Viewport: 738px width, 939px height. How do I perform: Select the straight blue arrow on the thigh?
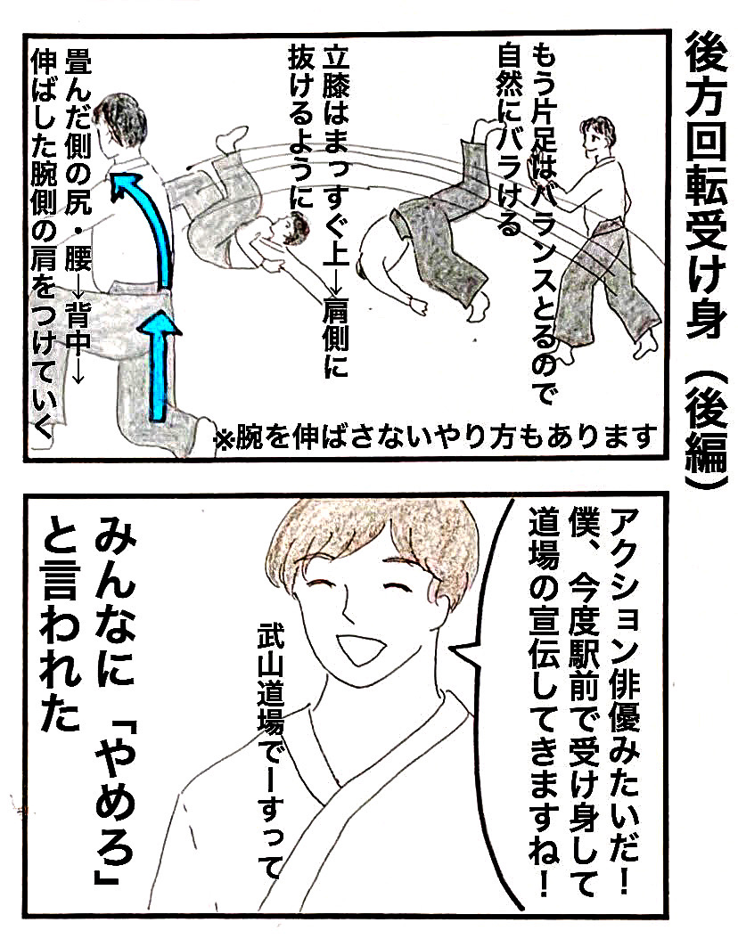(x=160, y=364)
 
